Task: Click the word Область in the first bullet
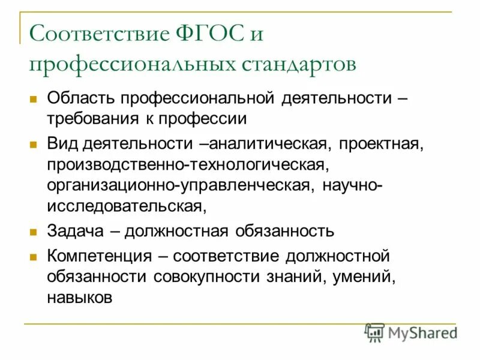[x=82, y=97]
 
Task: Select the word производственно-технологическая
[x=187, y=164]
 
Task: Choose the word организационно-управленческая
[x=178, y=184]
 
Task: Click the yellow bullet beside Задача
[x=34, y=231]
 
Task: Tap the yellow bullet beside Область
[x=34, y=98]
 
